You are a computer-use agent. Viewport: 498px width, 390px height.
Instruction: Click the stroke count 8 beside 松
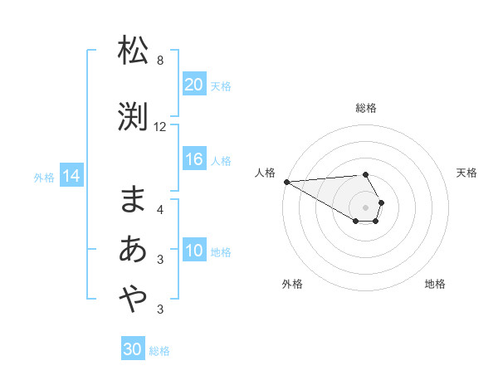160,61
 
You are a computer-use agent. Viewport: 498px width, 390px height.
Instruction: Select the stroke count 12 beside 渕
160,127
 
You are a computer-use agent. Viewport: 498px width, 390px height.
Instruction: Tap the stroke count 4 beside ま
160,209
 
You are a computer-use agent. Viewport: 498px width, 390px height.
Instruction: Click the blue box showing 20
194,85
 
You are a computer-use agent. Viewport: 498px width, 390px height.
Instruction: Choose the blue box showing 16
194,160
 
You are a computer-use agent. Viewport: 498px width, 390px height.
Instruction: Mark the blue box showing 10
194,251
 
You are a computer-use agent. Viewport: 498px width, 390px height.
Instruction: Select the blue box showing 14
71,176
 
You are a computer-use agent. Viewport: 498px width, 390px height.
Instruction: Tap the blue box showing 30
133,349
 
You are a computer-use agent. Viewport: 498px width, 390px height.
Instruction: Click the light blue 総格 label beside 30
159,351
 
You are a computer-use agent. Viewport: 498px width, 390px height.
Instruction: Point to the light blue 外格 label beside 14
44,177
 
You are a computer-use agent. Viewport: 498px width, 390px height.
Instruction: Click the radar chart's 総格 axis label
366,108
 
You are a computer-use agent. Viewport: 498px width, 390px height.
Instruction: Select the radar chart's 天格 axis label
467,173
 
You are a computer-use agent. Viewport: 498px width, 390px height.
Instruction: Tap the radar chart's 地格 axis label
435,284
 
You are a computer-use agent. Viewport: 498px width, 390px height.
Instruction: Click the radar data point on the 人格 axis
286,182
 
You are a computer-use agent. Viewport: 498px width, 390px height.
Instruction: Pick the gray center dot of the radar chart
366,207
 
